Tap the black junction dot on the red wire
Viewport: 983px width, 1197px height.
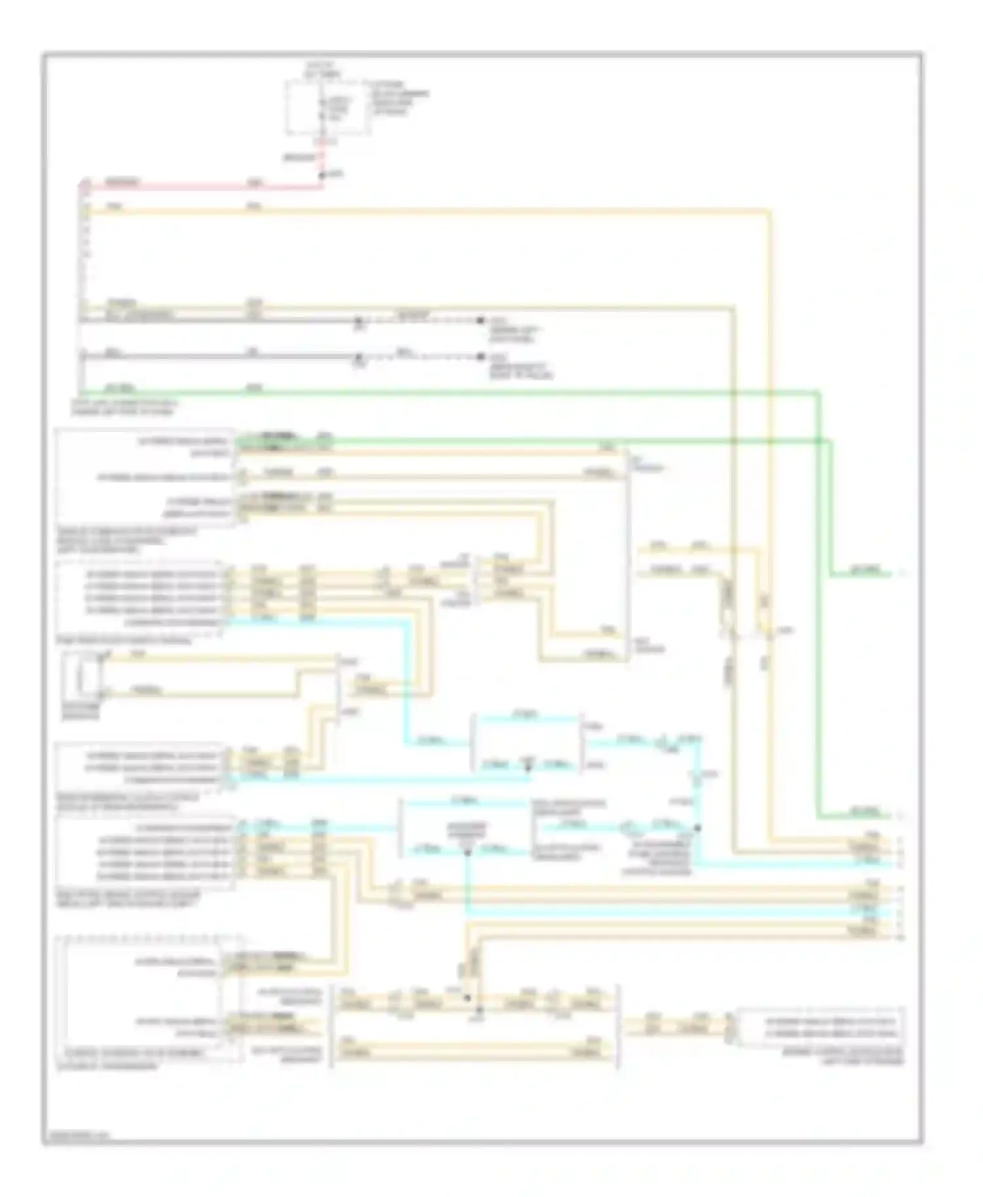click(322, 175)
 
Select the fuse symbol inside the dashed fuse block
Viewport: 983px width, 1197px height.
click(321, 109)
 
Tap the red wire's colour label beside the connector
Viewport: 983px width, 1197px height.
click(122, 182)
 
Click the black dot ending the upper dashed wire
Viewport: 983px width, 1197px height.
click(480, 320)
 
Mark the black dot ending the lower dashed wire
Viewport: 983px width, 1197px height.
click(480, 357)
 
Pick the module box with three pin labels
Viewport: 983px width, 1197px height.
click(142, 764)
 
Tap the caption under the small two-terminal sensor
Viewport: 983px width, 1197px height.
click(81, 712)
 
